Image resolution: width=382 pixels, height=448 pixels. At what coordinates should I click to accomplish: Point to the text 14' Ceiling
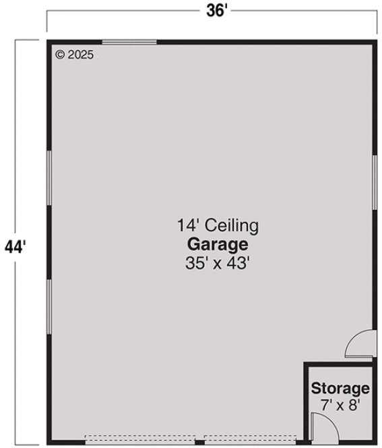(x=218, y=225)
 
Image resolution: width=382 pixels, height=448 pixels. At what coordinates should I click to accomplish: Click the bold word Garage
(x=218, y=244)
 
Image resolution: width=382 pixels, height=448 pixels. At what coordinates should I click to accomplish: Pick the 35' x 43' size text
(x=218, y=263)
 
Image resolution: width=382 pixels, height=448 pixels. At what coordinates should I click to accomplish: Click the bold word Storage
(x=340, y=389)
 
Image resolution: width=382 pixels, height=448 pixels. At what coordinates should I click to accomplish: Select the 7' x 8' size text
(x=340, y=405)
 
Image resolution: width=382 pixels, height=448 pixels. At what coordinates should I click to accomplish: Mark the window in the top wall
(x=129, y=43)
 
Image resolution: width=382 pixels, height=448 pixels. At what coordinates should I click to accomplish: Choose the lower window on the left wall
(x=49, y=308)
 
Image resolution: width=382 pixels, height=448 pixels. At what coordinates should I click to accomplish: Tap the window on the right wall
(x=374, y=182)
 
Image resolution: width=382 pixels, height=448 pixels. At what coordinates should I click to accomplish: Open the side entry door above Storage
(x=360, y=344)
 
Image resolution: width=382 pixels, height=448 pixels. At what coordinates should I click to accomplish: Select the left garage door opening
(x=140, y=442)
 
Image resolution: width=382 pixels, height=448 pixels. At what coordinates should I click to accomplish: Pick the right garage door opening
(x=251, y=442)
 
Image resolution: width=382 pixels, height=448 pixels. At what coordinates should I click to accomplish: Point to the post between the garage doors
(x=199, y=443)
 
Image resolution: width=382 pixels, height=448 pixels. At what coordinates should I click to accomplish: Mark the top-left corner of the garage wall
(x=49, y=43)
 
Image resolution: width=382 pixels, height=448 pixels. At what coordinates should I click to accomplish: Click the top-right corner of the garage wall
(x=374, y=43)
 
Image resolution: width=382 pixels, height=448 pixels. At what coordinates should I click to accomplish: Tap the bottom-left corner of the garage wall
(x=49, y=442)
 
